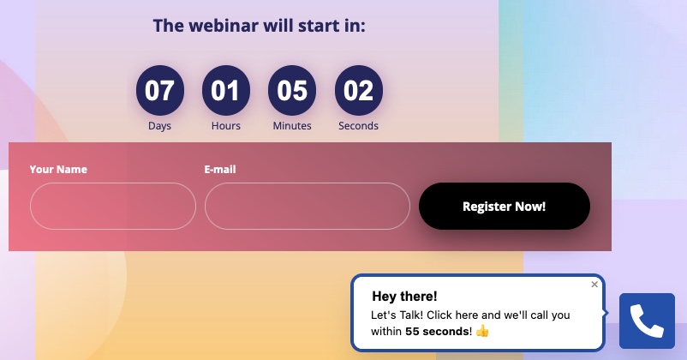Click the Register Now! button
point(505,206)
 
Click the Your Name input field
point(113,206)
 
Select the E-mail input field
point(308,206)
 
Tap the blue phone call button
point(647,321)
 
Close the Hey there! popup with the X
point(594,284)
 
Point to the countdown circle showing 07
point(160,90)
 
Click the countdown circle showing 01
point(226,90)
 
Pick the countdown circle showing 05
point(292,90)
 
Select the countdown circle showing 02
point(358,90)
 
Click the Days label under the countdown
point(159,126)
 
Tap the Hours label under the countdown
point(226,126)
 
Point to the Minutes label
point(292,126)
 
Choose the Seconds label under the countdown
point(358,126)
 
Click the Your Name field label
point(58,169)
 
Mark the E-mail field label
point(220,169)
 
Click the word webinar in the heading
point(224,26)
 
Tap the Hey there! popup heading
point(404,297)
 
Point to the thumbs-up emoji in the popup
point(482,331)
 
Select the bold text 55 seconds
point(437,332)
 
